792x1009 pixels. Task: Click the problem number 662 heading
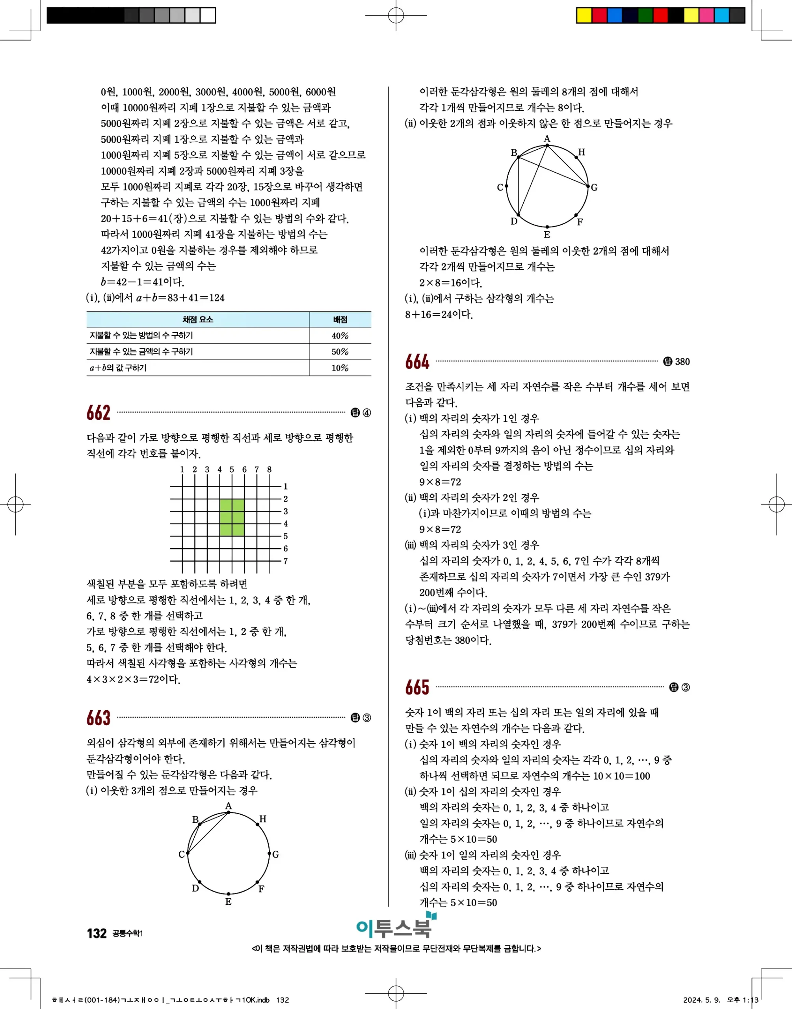(98, 413)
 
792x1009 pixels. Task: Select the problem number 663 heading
(98, 718)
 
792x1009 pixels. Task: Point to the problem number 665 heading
(417, 687)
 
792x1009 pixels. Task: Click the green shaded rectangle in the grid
(232, 518)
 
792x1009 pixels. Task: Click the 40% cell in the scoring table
(340, 336)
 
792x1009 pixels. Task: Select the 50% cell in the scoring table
(340, 352)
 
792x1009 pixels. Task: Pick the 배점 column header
(340, 320)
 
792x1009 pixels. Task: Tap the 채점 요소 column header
(197, 320)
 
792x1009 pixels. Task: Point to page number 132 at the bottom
(97, 933)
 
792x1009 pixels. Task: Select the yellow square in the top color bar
(584, 15)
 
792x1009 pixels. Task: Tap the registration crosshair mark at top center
(396, 15)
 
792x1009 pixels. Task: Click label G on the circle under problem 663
(275, 854)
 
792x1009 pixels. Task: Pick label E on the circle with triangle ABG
(547, 235)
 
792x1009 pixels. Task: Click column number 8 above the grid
(269, 469)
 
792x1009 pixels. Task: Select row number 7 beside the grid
(286, 561)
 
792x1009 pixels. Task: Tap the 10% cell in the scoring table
(340, 368)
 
